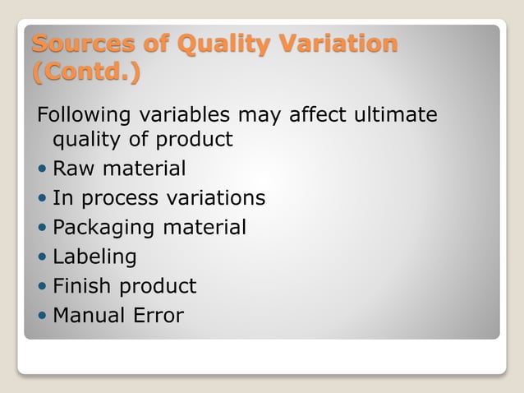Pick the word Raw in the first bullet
click(71, 169)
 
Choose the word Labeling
click(94, 257)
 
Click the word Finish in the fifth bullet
click(83, 286)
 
